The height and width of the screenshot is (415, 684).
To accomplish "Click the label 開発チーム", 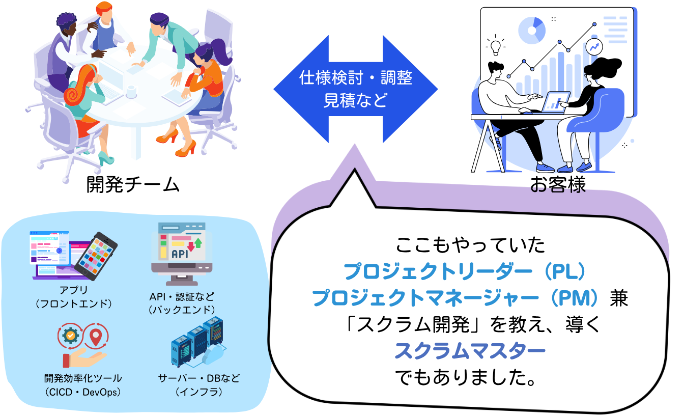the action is coord(133,184).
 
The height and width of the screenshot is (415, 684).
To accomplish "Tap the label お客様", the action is coord(558,184).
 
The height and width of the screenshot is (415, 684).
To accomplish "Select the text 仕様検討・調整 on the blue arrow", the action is coord(356,77).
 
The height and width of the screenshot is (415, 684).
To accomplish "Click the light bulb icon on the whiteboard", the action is coord(495,45).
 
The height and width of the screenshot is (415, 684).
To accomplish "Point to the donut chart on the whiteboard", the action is coord(532,31).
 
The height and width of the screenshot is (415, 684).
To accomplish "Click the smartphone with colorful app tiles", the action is coord(96,256).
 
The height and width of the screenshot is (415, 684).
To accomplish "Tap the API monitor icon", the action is coord(182,254).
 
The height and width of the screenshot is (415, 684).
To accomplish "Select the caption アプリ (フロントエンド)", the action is coord(74,296).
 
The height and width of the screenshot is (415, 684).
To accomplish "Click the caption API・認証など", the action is coord(182,296).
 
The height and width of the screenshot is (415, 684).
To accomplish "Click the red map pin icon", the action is coord(96,337).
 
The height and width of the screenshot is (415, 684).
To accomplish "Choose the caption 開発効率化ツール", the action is coord(83,378).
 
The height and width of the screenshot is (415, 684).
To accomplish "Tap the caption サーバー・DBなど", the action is coord(199,378).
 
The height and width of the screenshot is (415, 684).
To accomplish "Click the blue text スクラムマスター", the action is coord(470,351).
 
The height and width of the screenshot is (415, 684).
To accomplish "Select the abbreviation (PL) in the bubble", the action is coord(564,271).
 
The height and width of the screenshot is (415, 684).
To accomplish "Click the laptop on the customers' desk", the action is coord(555,102).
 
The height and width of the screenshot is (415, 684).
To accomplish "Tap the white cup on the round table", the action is coord(131,91).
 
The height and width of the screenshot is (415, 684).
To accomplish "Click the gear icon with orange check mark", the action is coord(71,336).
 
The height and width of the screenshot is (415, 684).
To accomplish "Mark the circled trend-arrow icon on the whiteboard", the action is coord(594,47).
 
